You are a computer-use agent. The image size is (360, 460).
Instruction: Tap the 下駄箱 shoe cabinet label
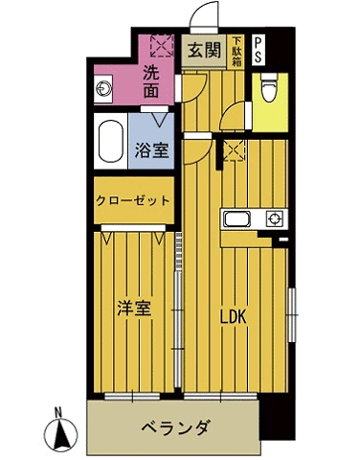click(x=236, y=50)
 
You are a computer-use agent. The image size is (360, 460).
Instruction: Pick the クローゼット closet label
click(x=133, y=201)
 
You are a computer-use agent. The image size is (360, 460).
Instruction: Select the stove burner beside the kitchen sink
click(x=274, y=218)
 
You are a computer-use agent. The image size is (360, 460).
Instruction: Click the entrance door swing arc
click(x=203, y=16)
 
